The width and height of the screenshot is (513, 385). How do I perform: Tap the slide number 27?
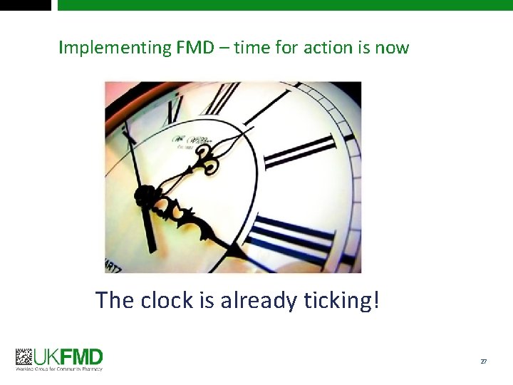484,361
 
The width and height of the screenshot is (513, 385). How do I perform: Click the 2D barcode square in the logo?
24,357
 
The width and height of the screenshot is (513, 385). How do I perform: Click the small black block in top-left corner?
26,4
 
